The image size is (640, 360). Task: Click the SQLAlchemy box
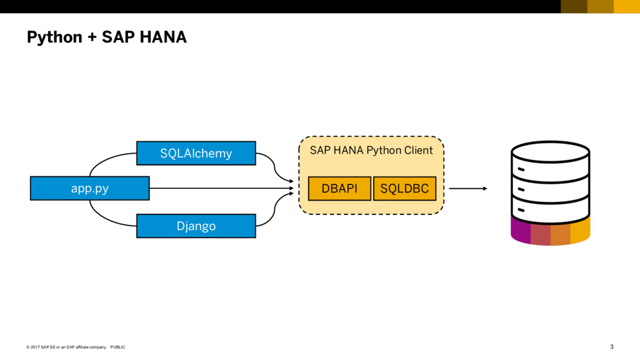point(196,153)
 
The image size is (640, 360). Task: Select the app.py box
point(90,188)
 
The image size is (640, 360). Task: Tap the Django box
point(196,226)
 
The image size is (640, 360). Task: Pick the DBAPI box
point(339,189)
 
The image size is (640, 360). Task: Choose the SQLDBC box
point(404,189)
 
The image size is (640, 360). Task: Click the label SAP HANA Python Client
point(371,150)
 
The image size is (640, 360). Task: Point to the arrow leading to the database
point(468,189)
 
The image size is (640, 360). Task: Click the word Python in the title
point(54,37)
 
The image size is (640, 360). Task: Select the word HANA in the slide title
point(163,37)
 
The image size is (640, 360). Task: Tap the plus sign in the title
point(92,37)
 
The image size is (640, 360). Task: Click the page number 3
point(611,346)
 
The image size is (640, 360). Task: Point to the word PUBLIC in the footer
point(117,347)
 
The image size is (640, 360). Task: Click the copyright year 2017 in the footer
point(35,347)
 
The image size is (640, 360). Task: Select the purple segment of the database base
point(521,230)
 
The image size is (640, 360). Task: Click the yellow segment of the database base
point(580,230)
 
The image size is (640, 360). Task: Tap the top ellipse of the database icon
point(550,152)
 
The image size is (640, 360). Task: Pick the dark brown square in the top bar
point(574,6)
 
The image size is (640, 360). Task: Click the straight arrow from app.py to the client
point(222,188)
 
